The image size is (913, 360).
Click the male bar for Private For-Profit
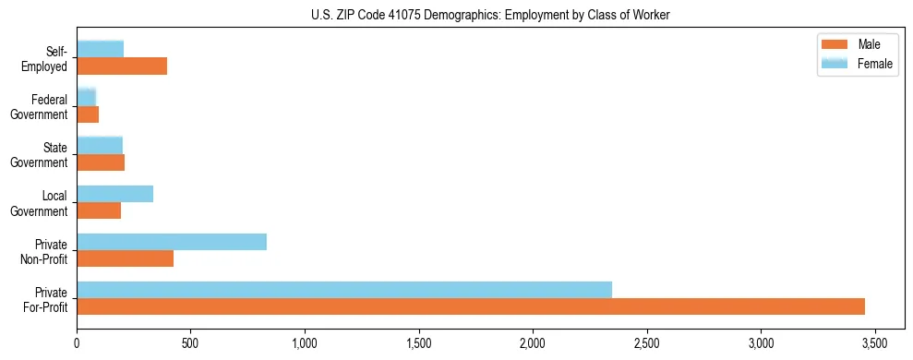click(471, 306)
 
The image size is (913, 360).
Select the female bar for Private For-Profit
click(344, 290)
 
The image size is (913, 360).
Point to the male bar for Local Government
click(99, 210)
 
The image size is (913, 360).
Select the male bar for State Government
click(101, 162)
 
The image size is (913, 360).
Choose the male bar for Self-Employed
click(122, 66)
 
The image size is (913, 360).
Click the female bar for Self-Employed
click(101, 49)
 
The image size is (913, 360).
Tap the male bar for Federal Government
click(88, 114)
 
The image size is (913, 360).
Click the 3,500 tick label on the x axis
click(874, 342)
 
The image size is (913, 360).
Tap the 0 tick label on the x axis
click(77, 342)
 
